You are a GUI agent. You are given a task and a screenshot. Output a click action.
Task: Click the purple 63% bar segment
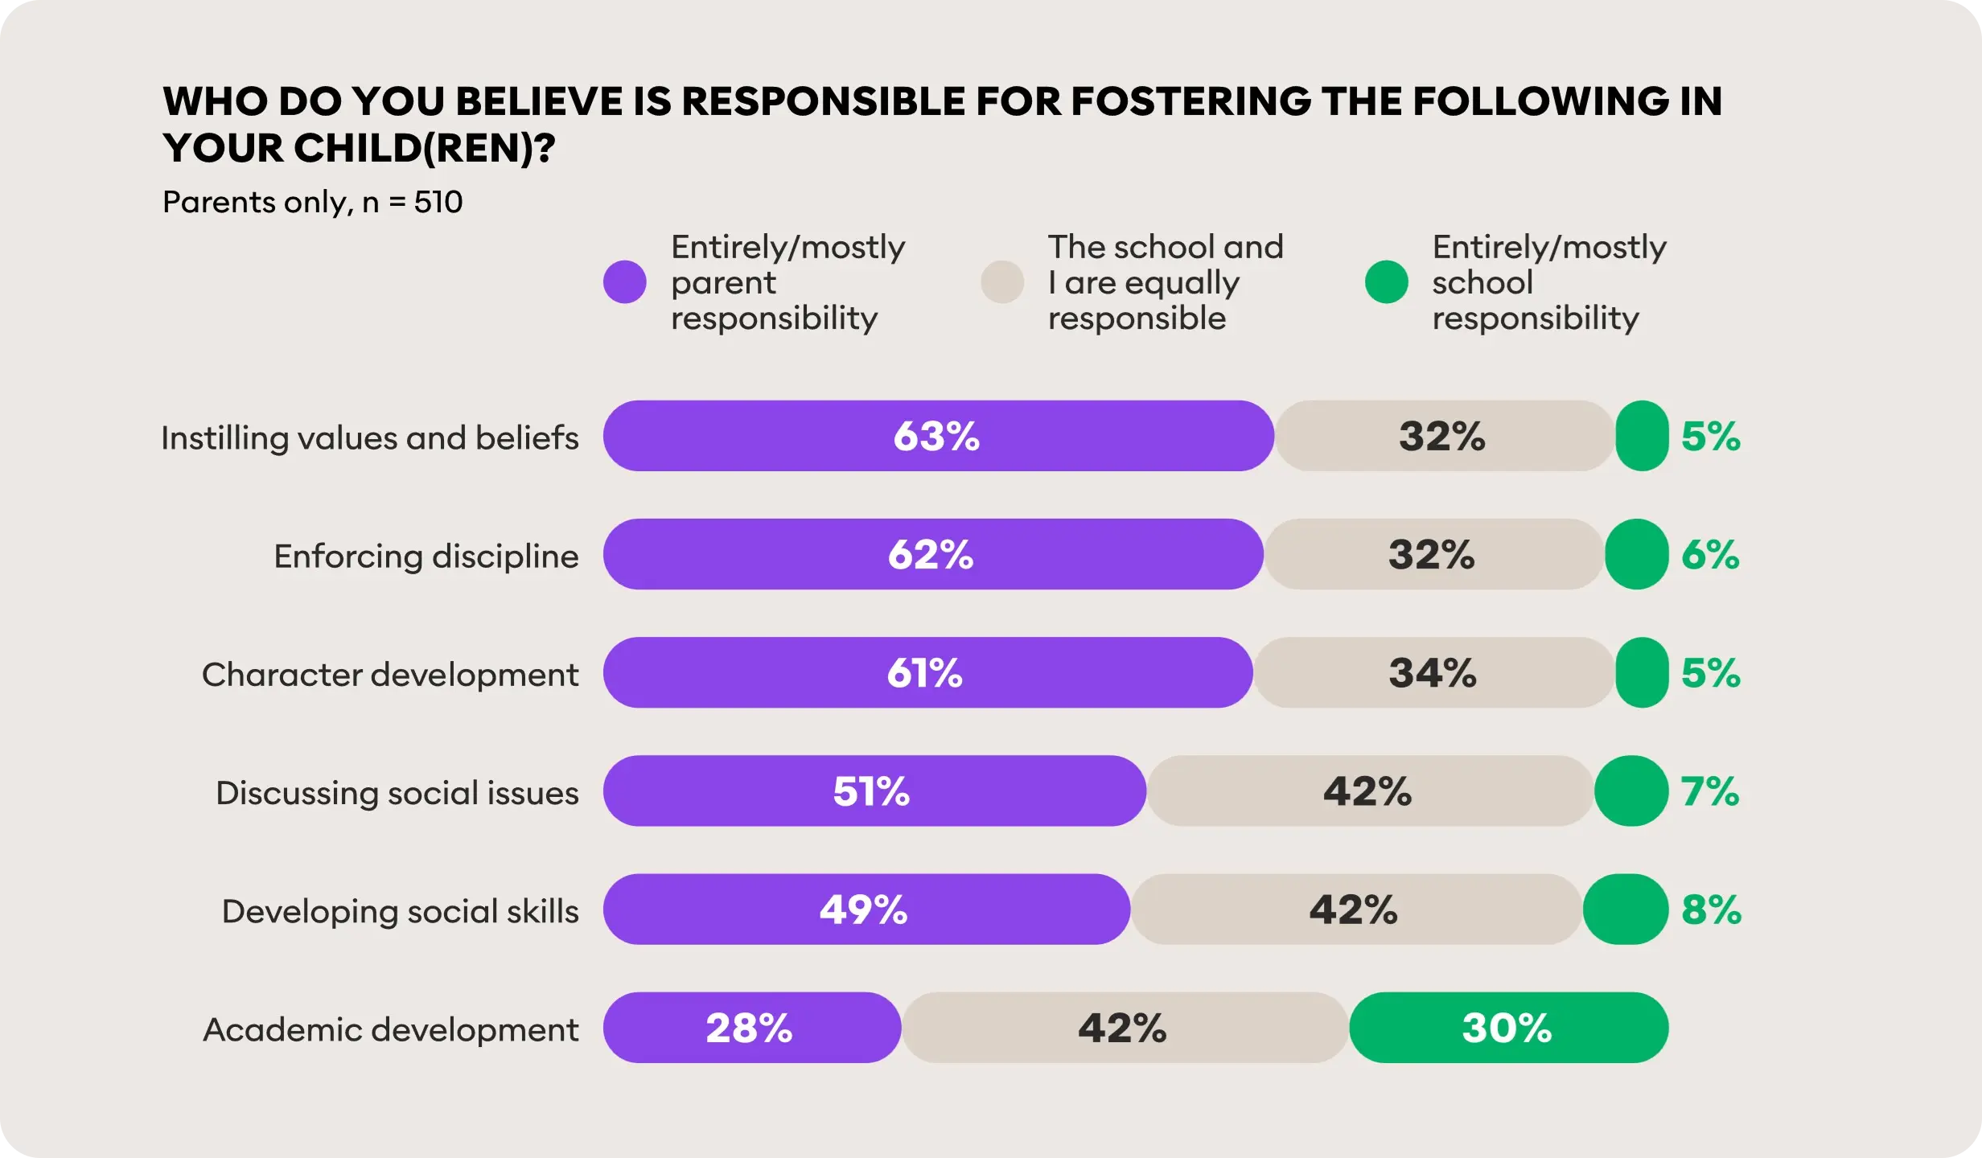click(938, 436)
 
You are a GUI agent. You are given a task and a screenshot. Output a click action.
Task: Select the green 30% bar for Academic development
click(1508, 1028)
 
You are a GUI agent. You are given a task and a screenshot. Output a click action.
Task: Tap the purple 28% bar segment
click(750, 1028)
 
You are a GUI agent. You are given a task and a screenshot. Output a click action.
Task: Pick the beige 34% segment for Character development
click(1433, 672)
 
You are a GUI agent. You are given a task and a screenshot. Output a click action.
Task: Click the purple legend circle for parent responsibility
click(625, 282)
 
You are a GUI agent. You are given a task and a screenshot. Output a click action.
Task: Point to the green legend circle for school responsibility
click(1386, 282)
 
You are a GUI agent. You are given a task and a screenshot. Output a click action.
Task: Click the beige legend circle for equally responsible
click(1002, 282)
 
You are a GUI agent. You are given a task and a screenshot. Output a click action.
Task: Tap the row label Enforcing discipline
click(426, 556)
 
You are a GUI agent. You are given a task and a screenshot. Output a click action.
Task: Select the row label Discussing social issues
click(397, 793)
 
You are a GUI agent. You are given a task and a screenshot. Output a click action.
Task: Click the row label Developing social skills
click(400, 911)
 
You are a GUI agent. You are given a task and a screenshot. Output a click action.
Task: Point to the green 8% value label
click(1711, 910)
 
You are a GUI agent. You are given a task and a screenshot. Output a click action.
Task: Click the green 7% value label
click(1710, 791)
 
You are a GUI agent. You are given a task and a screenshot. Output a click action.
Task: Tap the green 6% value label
click(1710, 555)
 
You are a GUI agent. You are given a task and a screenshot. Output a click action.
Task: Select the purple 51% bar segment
click(874, 791)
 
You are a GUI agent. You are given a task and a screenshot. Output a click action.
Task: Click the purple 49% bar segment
click(866, 910)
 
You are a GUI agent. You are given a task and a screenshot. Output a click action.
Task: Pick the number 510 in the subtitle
click(438, 202)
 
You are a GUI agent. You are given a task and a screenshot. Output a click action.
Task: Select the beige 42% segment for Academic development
click(1124, 1028)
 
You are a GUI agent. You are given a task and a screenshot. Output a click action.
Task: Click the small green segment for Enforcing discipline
click(1636, 555)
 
